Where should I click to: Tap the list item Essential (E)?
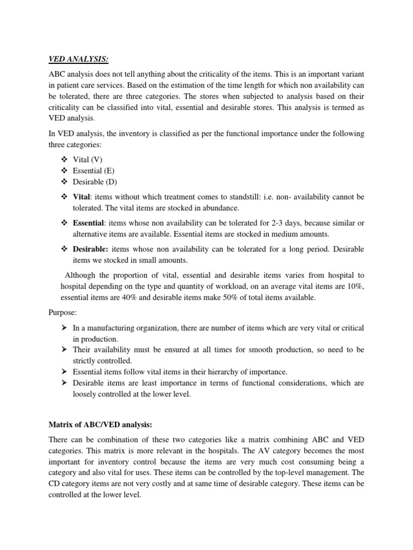[x=94, y=171]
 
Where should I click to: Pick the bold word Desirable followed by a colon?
[x=90, y=249]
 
